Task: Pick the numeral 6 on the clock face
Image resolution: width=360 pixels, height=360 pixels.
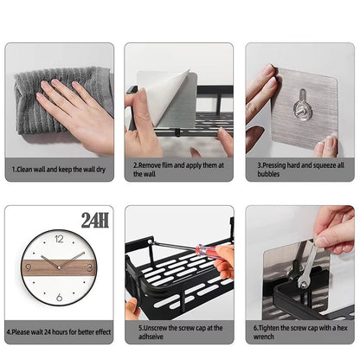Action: (60, 299)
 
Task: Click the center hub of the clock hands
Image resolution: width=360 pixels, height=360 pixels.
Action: (60, 267)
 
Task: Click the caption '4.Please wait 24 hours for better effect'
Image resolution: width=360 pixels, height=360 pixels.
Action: (58, 330)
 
